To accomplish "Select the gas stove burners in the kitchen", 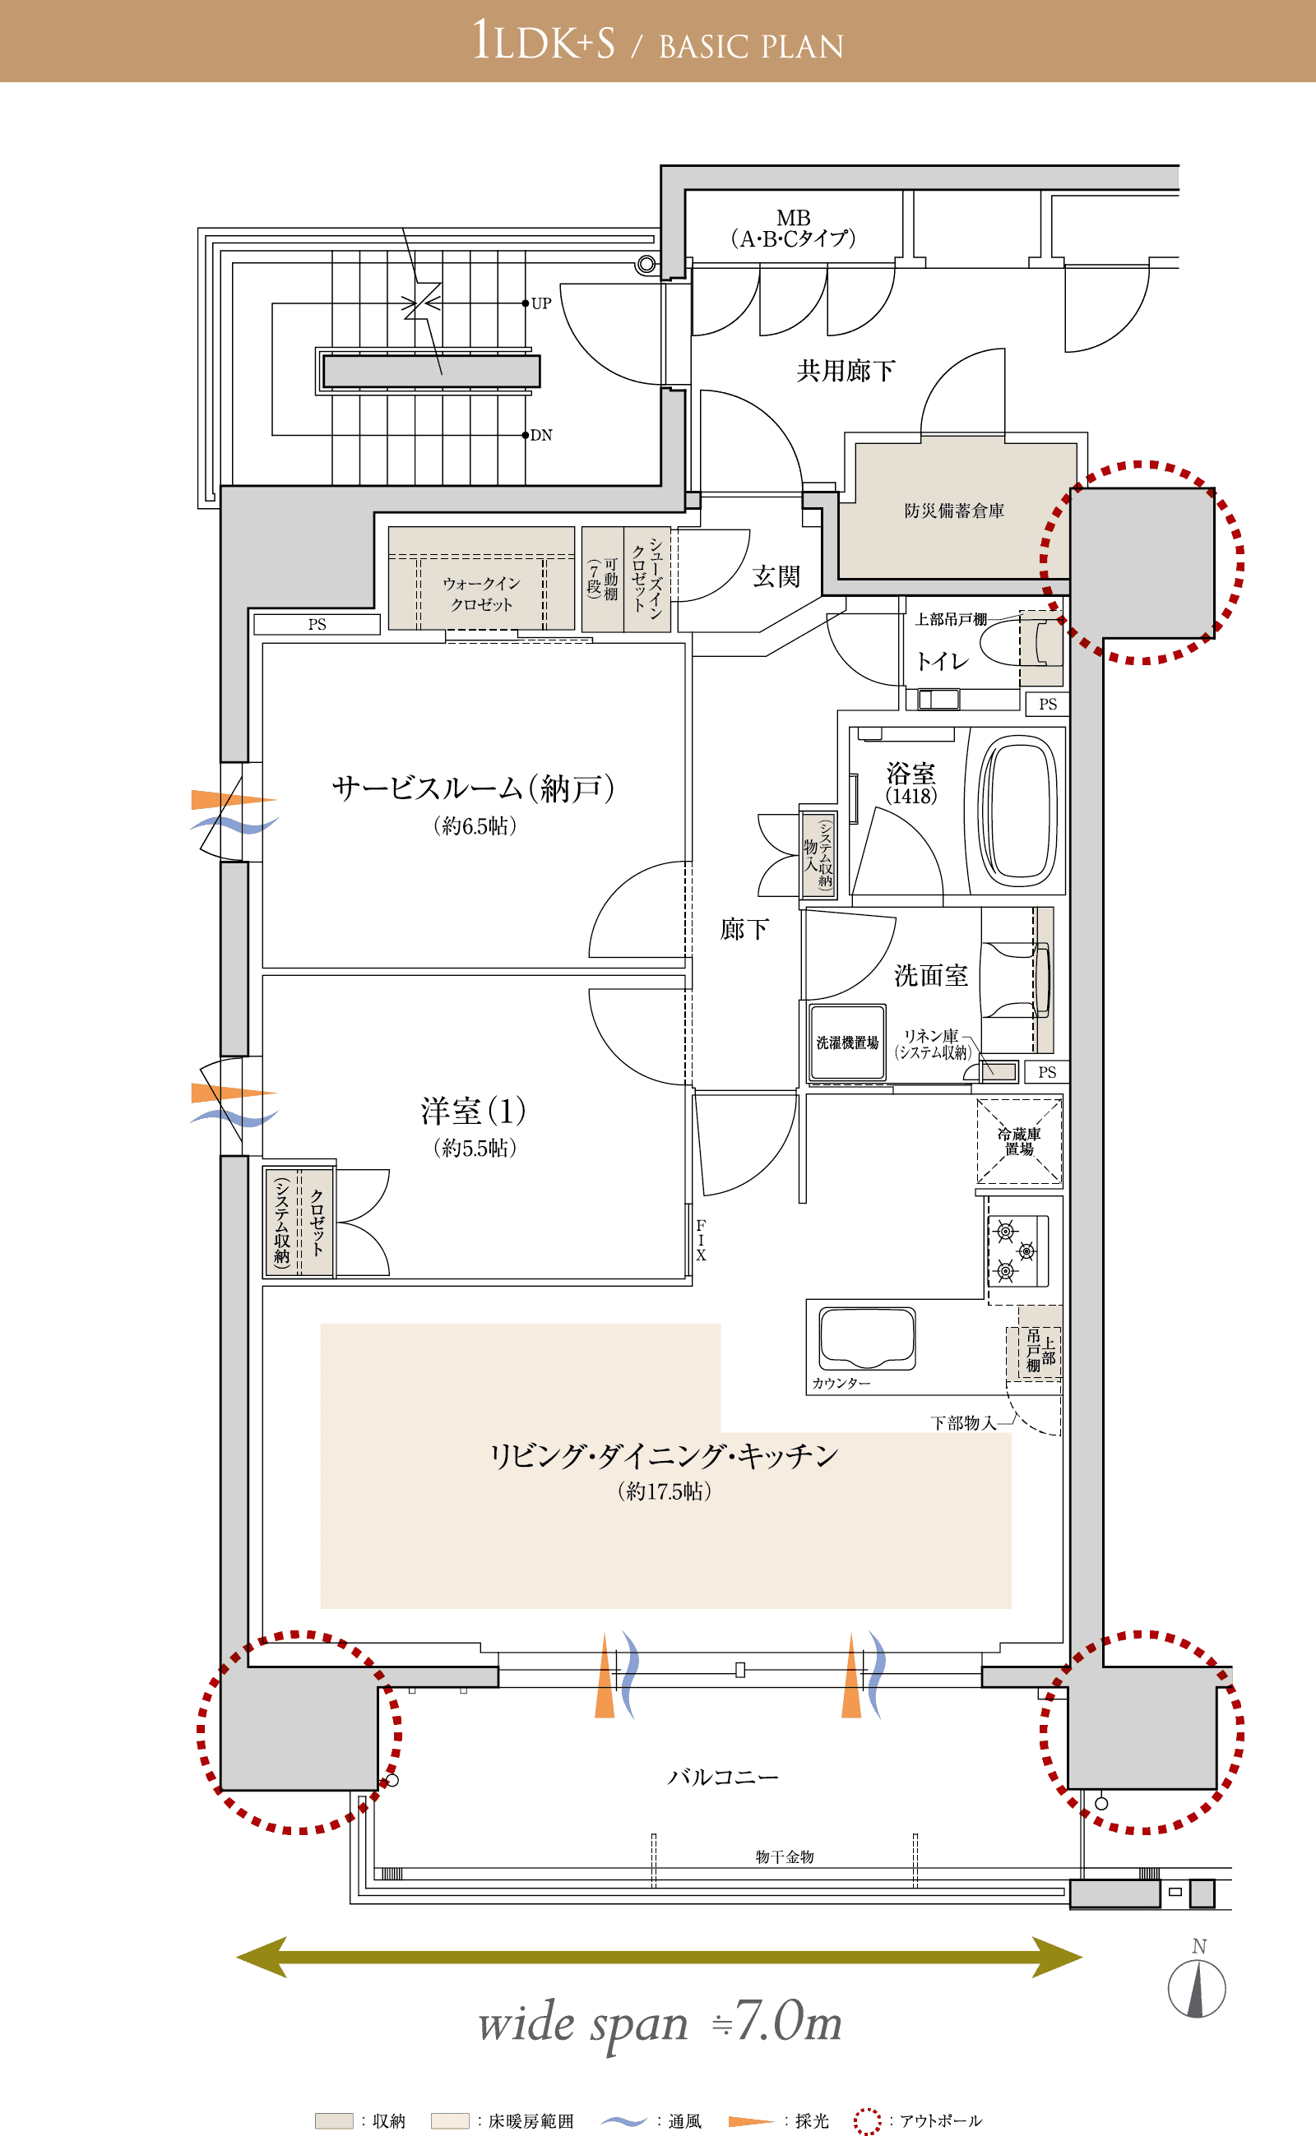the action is [1017, 1251].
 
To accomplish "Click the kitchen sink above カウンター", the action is [867, 1338].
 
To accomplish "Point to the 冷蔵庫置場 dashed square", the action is [1018, 1140].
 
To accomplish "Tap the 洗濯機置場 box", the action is [847, 1043].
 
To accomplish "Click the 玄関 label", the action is [776, 576].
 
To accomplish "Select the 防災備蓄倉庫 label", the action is [954, 511].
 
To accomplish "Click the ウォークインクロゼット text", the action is [481, 594].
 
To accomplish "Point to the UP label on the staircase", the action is [541, 303].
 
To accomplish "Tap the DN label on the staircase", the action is [541, 435].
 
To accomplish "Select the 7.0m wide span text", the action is [660, 2022].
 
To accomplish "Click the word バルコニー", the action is [722, 1777].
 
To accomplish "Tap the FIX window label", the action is [701, 1240].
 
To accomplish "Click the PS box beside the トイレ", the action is [1047, 704].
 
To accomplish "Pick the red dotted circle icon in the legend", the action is [867, 2120].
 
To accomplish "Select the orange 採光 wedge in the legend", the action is [751, 2121].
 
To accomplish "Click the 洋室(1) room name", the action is [474, 1111].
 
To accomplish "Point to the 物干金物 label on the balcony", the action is [784, 1856].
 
